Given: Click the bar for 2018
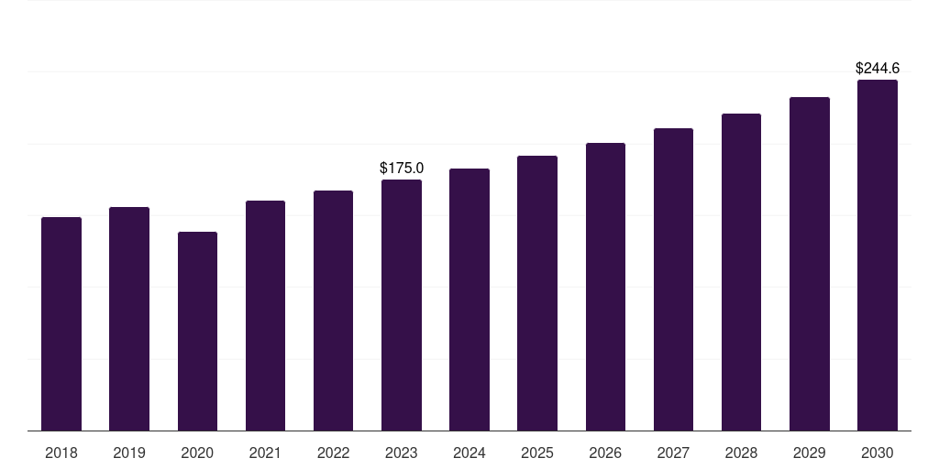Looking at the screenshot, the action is tap(61, 323).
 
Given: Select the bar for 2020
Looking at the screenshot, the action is tap(198, 331).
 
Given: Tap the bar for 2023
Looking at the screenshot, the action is tap(402, 305).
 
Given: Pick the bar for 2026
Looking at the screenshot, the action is tap(605, 287).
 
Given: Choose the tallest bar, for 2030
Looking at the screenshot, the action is tap(878, 255).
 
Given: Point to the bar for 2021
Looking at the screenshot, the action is tap(265, 315).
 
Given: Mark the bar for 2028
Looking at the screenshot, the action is tap(741, 272).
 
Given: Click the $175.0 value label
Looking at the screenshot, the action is tap(402, 169).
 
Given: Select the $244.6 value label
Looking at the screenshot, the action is tap(878, 68).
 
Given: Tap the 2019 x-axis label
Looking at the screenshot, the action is tap(129, 453).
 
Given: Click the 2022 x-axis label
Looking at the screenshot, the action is tap(333, 453).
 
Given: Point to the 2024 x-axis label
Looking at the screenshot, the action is tap(469, 453).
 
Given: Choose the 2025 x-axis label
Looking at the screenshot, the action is tap(537, 453).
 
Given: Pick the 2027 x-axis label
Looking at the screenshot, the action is tap(673, 453).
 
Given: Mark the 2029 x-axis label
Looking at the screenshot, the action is tap(809, 453).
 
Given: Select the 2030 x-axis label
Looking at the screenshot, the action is tap(878, 453).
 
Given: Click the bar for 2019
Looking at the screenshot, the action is tap(129, 319).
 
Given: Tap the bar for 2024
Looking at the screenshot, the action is tap(469, 300).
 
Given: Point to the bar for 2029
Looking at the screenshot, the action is tap(810, 264).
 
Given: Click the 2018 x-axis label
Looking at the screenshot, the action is tap(61, 453).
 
